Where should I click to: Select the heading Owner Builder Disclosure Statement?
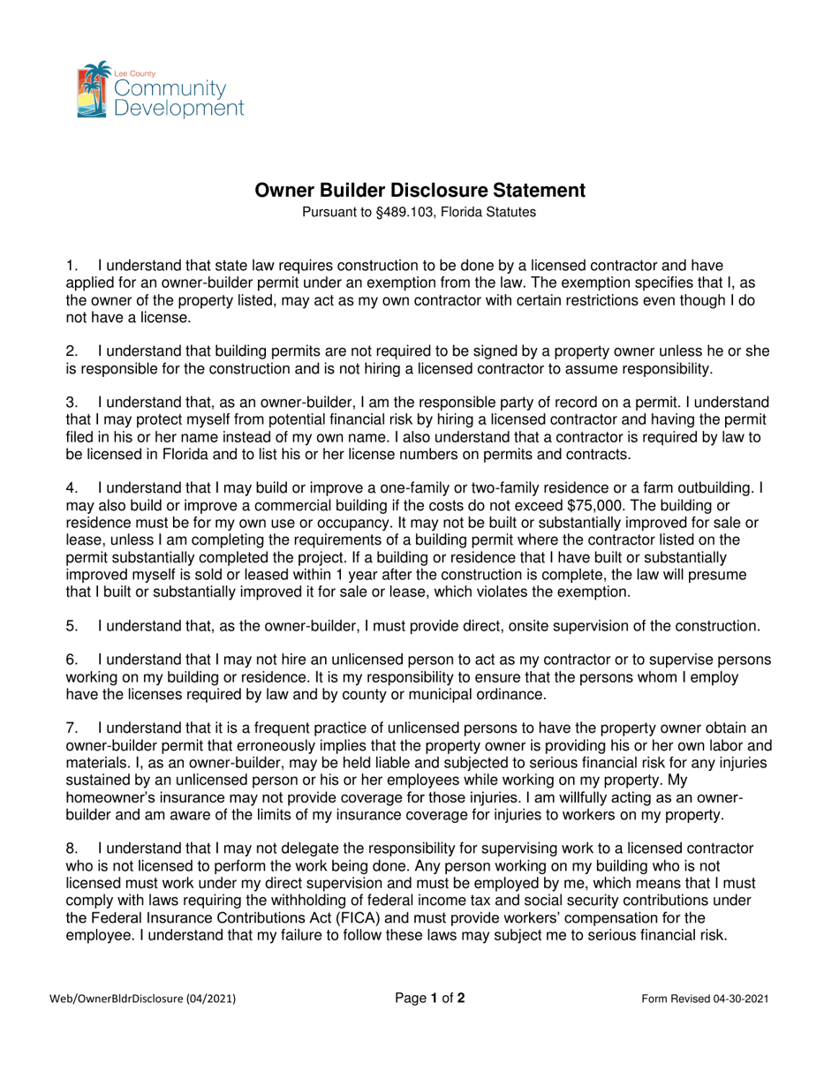point(419,190)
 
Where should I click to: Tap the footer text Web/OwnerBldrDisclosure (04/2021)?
point(142,999)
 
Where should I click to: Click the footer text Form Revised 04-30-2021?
point(705,999)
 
